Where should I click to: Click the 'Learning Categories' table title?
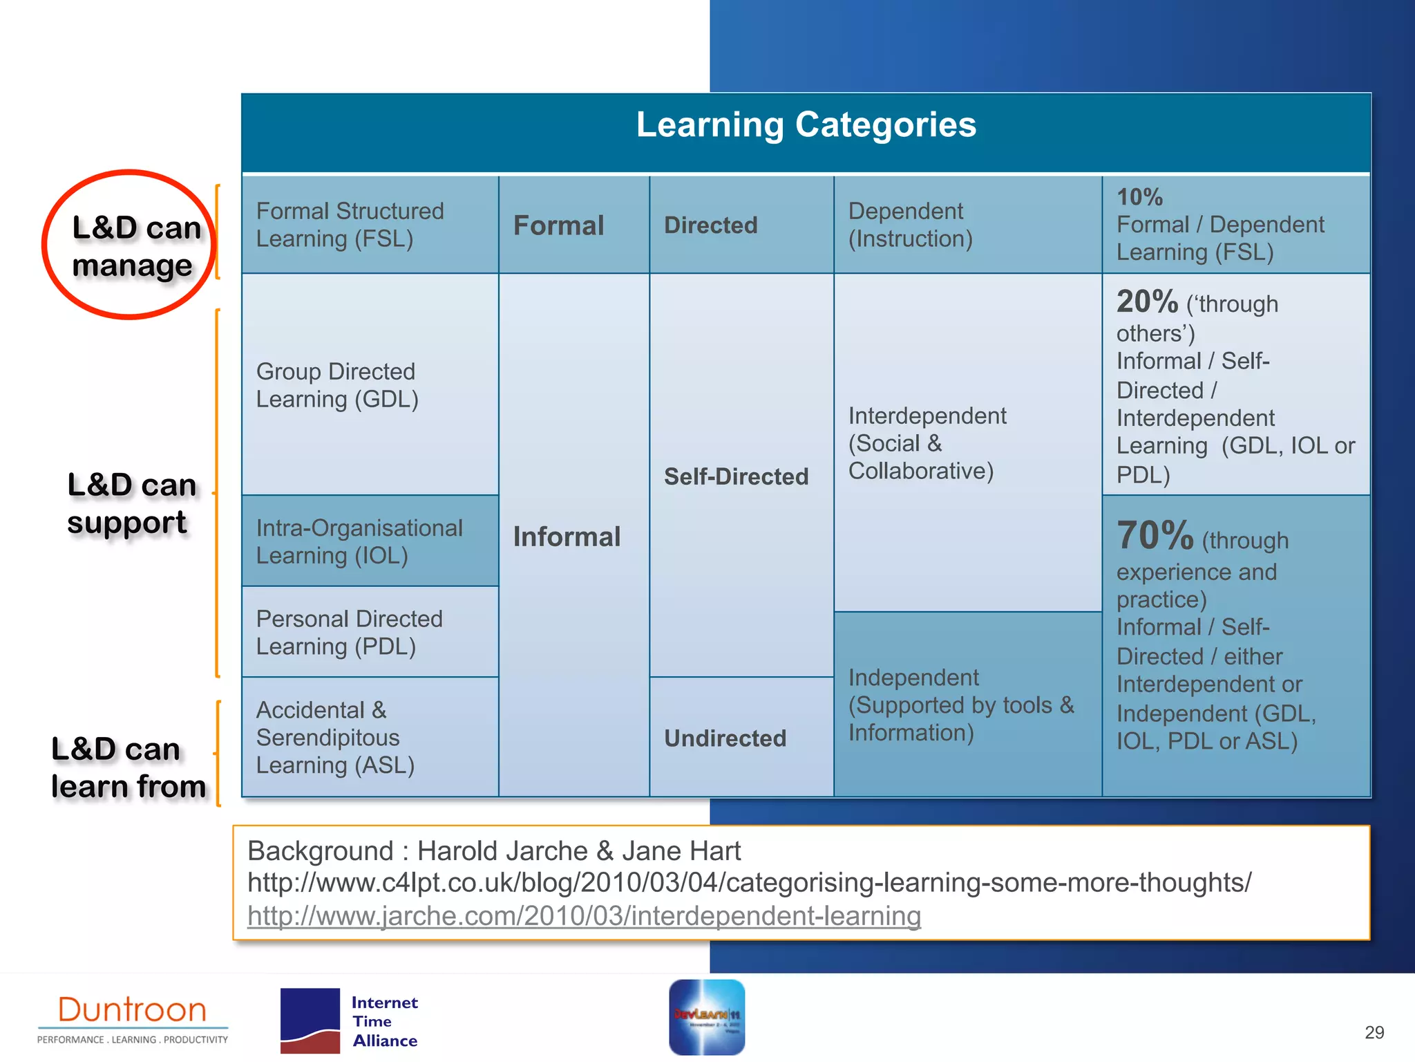[x=806, y=125]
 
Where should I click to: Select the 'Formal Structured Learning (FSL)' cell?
[x=350, y=225]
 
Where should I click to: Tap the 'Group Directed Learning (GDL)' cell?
[x=337, y=385]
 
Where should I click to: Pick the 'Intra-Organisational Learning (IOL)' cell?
[x=359, y=541]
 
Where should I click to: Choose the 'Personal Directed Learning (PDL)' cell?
[x=349, y=632]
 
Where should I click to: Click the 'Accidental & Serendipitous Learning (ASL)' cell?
[x=335, y=737]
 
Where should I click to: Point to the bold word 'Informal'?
[x=567, y=537]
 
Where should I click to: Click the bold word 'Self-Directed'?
[x=736, y=476]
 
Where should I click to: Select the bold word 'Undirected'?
[x=725, y=738]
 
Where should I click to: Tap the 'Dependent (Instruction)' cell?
[x=910, y=225]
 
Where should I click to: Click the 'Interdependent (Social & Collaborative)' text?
[x=927, y=443]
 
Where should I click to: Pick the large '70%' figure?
[x=1155, y=536]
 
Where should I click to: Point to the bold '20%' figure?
[x=1147, y=301]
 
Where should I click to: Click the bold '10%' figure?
[x=1140, y=197]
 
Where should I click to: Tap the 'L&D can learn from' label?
[x=129, y=767]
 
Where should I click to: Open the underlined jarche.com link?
[x=584, y=915]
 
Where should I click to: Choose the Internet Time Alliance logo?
[x=349, y=1021]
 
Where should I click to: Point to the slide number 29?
[x=1374, y=1032]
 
